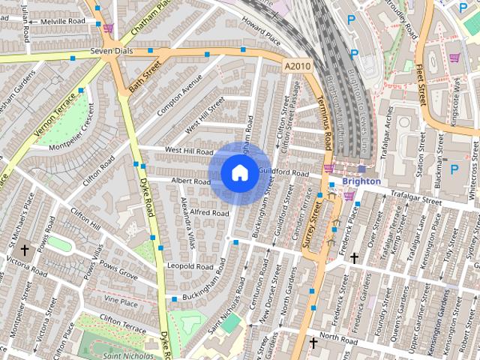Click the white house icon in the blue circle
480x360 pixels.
(x=238, y=173)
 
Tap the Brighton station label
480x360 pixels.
(x=361, y=181)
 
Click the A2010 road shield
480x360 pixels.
(x=297, y=67)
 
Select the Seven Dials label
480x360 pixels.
(x=111, y=51)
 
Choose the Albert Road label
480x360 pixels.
(x=190, y=181)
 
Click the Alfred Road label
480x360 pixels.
(x=208, y=213)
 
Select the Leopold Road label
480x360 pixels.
(x=191, y=266)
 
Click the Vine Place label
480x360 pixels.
(x=121, y=301)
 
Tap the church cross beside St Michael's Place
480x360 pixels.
(x=24, y=249)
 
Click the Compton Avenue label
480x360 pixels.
(x=177, y=97)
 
